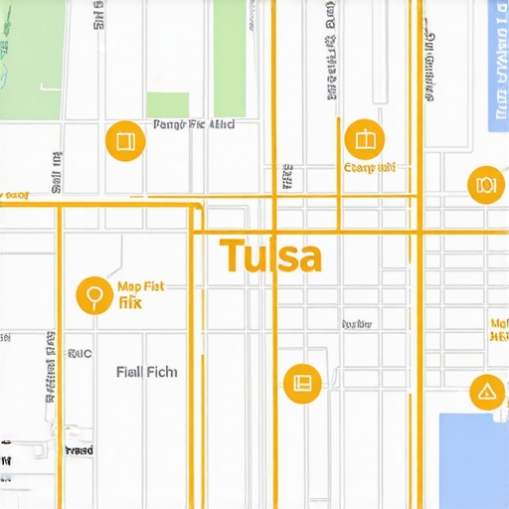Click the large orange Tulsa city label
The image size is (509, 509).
point(270,256)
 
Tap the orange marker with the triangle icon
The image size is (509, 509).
point(486,392)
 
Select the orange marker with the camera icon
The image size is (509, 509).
point(485,185)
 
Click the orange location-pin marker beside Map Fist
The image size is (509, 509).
point(94,295)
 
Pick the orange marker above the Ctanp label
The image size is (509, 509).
point(363,140)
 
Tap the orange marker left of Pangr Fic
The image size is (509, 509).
point(124,141)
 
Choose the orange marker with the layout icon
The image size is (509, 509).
point(301,383)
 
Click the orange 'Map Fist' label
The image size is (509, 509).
point(140,286)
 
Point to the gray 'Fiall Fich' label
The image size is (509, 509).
point(146,372)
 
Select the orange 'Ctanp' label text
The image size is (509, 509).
point(369,168)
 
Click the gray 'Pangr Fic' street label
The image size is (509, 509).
point(194,125)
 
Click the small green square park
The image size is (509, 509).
point(167,104)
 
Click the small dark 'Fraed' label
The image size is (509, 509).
point(79,450)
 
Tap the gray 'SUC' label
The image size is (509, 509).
point(79,353)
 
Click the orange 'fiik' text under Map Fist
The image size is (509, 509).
point(129,302)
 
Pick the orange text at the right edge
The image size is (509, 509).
point(499,330)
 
